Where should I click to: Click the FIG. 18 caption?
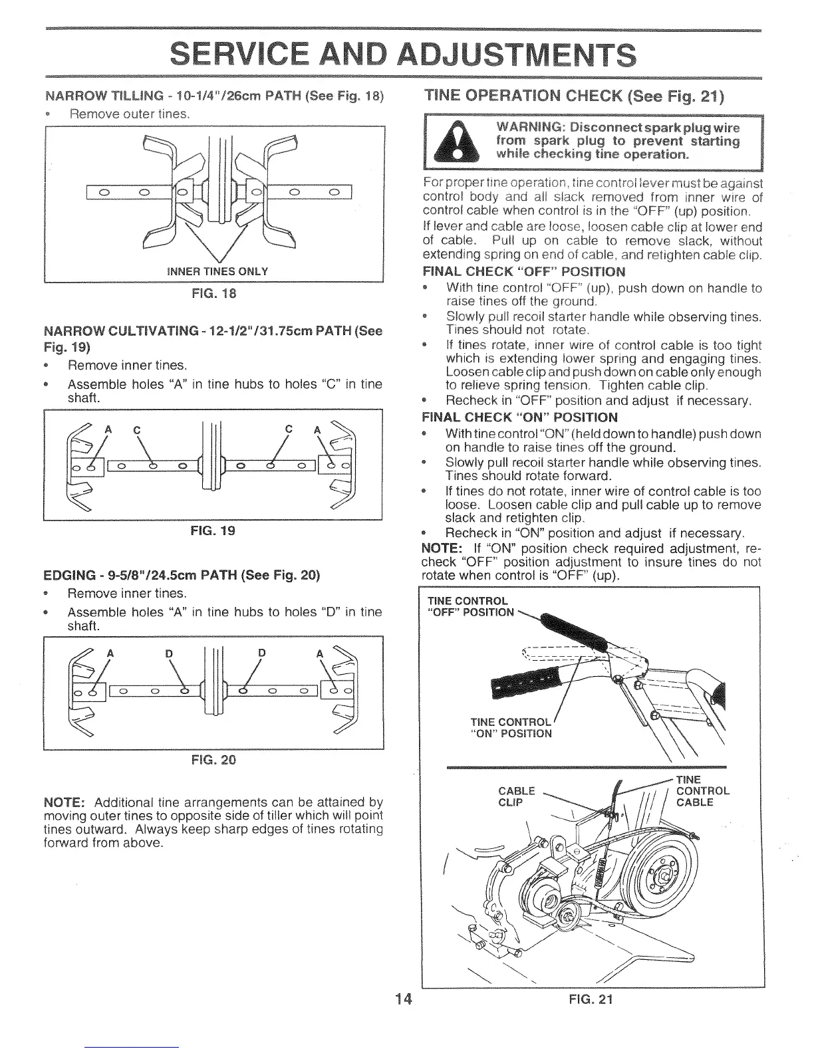pos(214,293)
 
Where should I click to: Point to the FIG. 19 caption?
pos(213,530)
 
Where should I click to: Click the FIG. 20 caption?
pos(213,760)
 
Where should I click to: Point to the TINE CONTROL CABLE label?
pos(702,791)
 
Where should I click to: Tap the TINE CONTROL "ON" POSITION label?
pos(511,728)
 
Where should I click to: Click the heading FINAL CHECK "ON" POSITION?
pos(520,417)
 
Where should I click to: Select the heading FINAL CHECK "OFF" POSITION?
pos(524,272)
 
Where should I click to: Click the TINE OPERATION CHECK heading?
pos(574,95)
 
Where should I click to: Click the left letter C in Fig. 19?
pos(136,430)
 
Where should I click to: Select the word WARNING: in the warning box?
pos(528,128)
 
